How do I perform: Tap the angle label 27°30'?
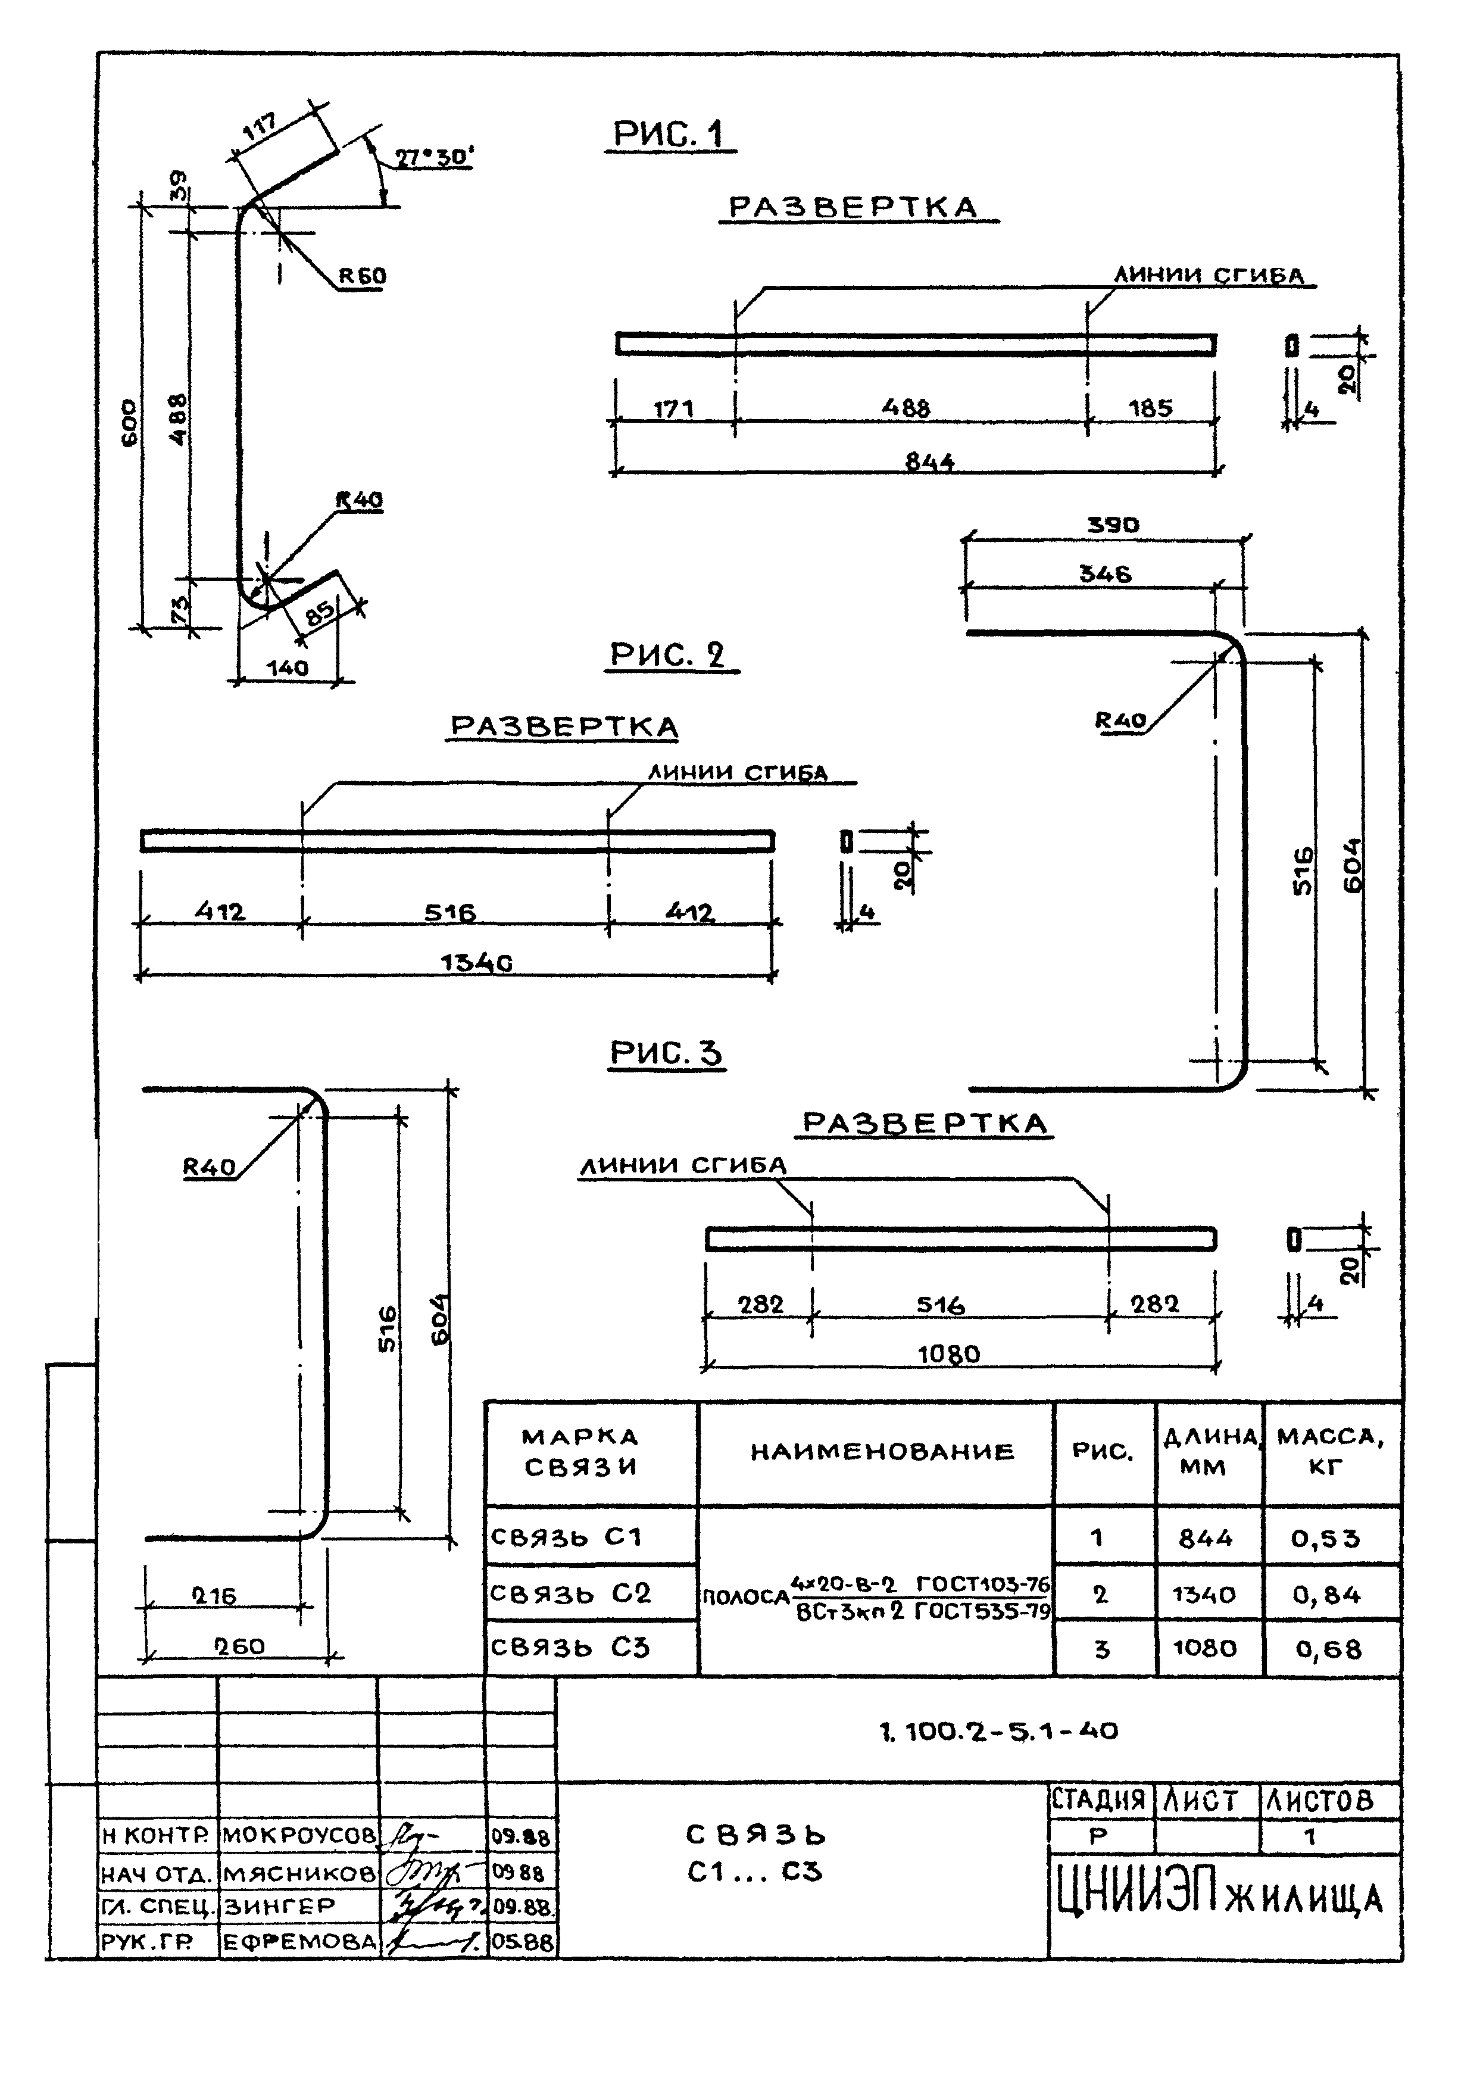(x=435, y=157)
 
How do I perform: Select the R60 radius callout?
(x=363, y=275)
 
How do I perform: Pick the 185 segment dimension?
(x=1151, y=408)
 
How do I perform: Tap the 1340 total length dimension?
(x=476, y=962)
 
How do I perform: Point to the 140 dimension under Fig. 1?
(x=288, y=667)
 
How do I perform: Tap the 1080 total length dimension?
(x=949, y=1354)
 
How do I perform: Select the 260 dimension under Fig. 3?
(x=239, y=1646)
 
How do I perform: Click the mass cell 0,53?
(x=1325, y=1539)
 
